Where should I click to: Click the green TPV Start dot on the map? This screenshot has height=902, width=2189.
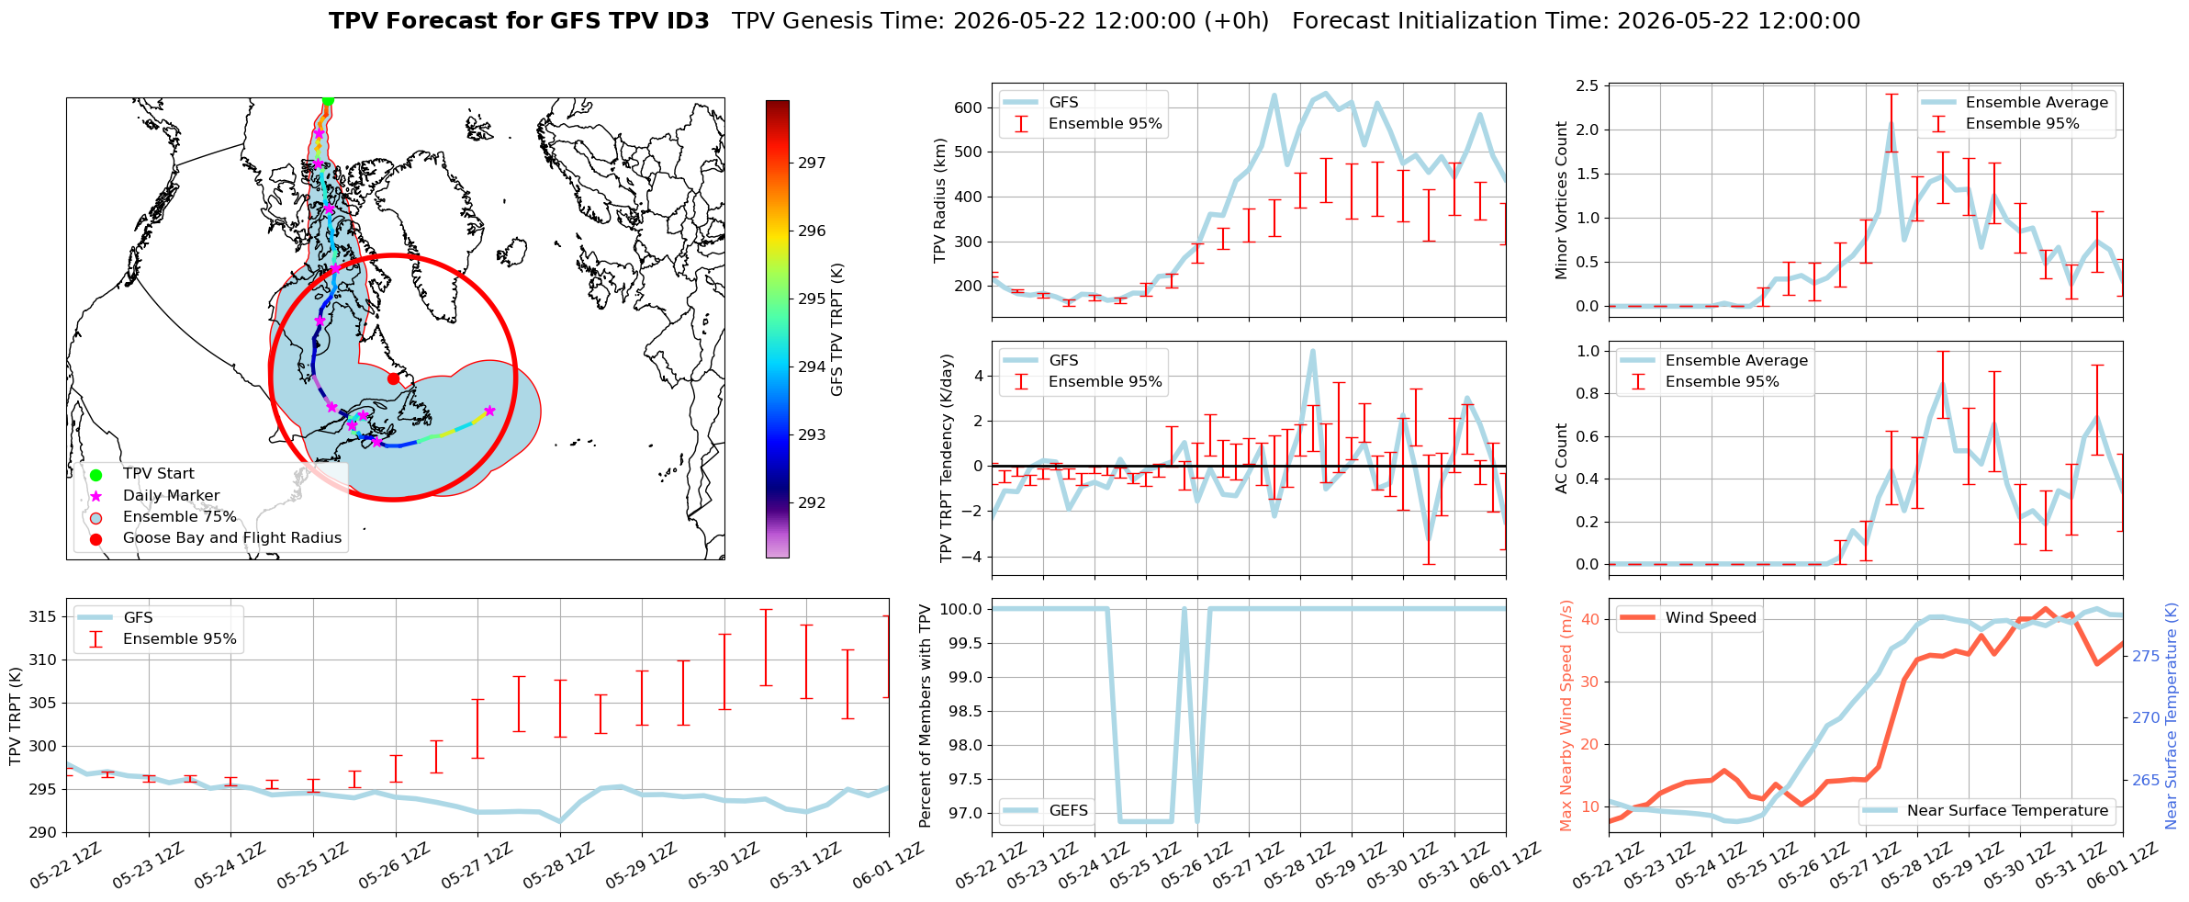[x=328, y=100]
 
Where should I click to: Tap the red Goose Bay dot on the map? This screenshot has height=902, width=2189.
[x=393, y=378]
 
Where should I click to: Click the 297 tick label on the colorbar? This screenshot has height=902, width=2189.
[x=812, y=163]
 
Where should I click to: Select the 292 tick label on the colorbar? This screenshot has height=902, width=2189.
[x=812, y=502]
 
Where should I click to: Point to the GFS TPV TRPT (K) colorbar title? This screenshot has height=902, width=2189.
[x=836, y=330]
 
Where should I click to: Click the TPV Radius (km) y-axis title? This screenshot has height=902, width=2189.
[x=939, y=200]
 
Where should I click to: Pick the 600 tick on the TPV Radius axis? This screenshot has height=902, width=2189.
[x=969, y=107]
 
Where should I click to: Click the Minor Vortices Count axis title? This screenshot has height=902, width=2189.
[x=1561, y=200]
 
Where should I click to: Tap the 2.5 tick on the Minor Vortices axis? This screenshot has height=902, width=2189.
[x=1587, y=85]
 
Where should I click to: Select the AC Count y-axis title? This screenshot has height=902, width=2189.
[x=1561, y=458]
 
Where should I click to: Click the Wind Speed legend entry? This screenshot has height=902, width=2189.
[x=1688, y=617]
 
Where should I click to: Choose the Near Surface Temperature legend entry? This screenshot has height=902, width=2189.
[x=1988, y=810]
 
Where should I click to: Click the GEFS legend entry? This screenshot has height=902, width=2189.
[x=1045, y=810]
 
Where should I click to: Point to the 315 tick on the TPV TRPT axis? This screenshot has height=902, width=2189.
[x=42, y=616]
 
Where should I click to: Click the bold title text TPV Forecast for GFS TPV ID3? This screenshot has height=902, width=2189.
[x=519, y=21]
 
